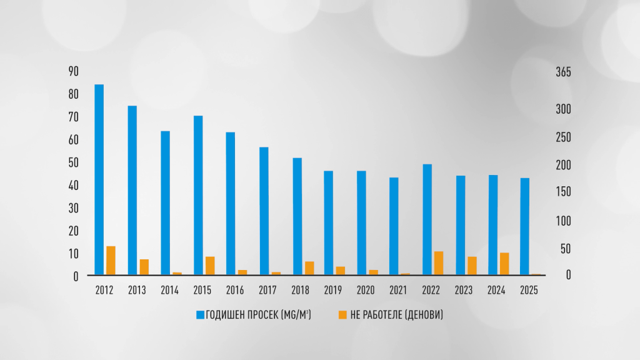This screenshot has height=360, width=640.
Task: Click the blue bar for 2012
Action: (99, 179)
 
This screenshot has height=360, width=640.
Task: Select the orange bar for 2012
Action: (111, 260)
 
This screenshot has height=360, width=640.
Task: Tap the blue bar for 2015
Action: (198, 195)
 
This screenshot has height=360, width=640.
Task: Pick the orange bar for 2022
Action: (439, 262)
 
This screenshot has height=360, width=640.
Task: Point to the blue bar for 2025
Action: (525, 226)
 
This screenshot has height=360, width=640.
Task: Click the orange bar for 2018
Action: (309, 267)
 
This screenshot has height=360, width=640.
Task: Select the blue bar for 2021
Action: (394, 226)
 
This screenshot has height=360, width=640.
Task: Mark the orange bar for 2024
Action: (504, 263)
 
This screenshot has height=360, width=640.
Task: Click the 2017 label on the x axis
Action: (268, 291)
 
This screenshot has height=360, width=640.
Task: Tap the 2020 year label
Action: (366, 291)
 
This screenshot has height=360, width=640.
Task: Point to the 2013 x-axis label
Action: (137, 291)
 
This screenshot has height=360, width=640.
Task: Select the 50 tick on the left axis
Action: (73, 162)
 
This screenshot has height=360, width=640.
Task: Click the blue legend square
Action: (200, 314)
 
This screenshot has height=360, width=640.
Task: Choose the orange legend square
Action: (342, 314)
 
